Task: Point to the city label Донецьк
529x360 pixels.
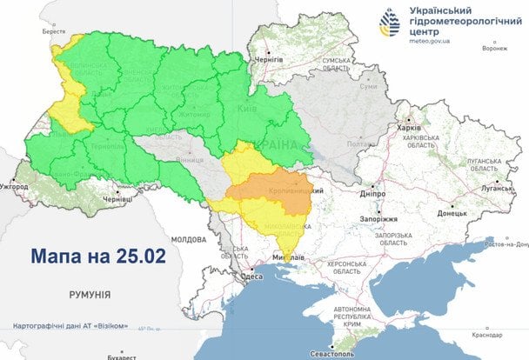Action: pos(452,212)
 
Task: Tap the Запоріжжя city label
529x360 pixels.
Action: pos(379,219)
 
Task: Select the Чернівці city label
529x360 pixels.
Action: pos(117,199)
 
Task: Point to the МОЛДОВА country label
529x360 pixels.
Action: pos(188,238)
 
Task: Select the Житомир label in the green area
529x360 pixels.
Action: pos(195,114)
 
